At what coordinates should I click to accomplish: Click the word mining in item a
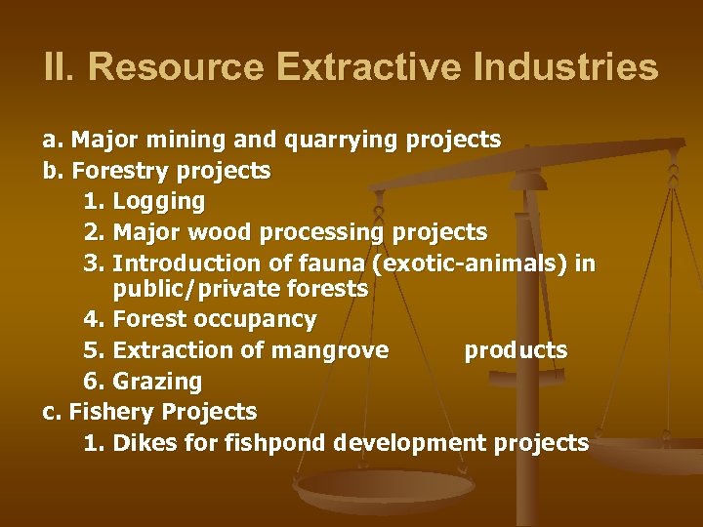[195, 141]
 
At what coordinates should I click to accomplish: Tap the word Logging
[159, 202]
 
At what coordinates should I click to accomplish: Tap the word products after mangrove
[516, 349]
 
